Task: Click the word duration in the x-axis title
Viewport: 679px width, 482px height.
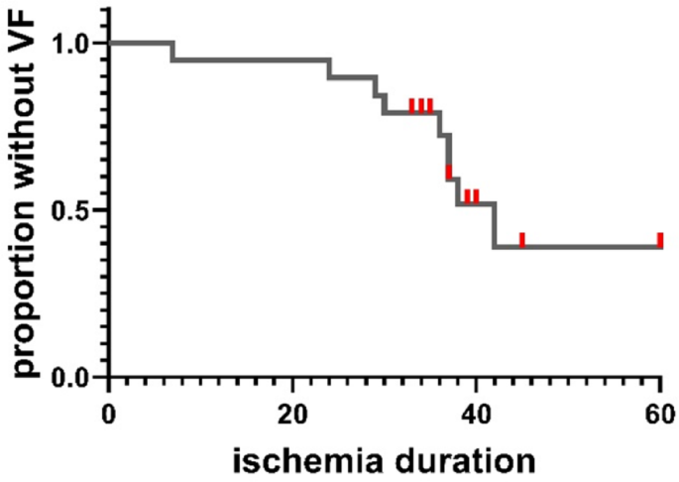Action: (x=467, y=460)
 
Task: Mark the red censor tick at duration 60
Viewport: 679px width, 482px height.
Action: (x=660, y=240)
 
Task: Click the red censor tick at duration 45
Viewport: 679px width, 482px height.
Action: (x=522, y=240)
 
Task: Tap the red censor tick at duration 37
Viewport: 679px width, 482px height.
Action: (x=449, y=172)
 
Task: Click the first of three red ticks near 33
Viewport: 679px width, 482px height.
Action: (x=412, y=106)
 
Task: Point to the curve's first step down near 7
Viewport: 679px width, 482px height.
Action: (x=173, y=52)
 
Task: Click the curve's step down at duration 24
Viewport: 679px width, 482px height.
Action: (x=329, y=68)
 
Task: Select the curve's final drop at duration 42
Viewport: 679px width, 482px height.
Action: (x=494, y=225)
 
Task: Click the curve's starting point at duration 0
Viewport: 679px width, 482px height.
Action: (x=111, y=43)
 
